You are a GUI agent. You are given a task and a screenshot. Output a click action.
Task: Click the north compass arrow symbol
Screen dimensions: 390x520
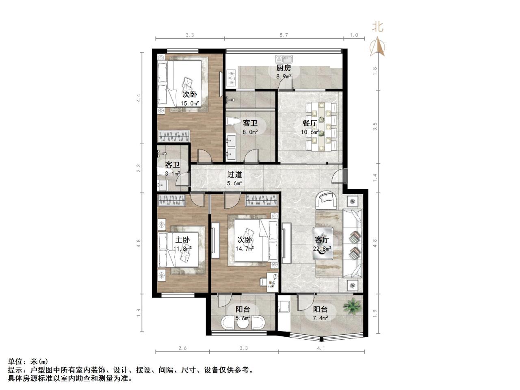tap(377, 46)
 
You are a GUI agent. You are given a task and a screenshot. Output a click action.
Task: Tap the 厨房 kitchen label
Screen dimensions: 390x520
tap(284, 68)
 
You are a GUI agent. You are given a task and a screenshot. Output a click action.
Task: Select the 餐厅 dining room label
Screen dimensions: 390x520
tap(310, 123)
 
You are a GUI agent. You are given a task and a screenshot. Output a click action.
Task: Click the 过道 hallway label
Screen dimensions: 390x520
tap(234, 175)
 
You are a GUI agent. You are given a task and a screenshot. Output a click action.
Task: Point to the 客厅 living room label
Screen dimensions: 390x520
tap(322, 240)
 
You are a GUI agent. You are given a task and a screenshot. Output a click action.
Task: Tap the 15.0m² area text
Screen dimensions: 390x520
tap(190, 103)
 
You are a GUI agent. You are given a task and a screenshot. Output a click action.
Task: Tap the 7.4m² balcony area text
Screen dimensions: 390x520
tap(320, 318)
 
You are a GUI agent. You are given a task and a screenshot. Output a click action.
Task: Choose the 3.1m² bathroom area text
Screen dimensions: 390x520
tap(172, 173)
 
